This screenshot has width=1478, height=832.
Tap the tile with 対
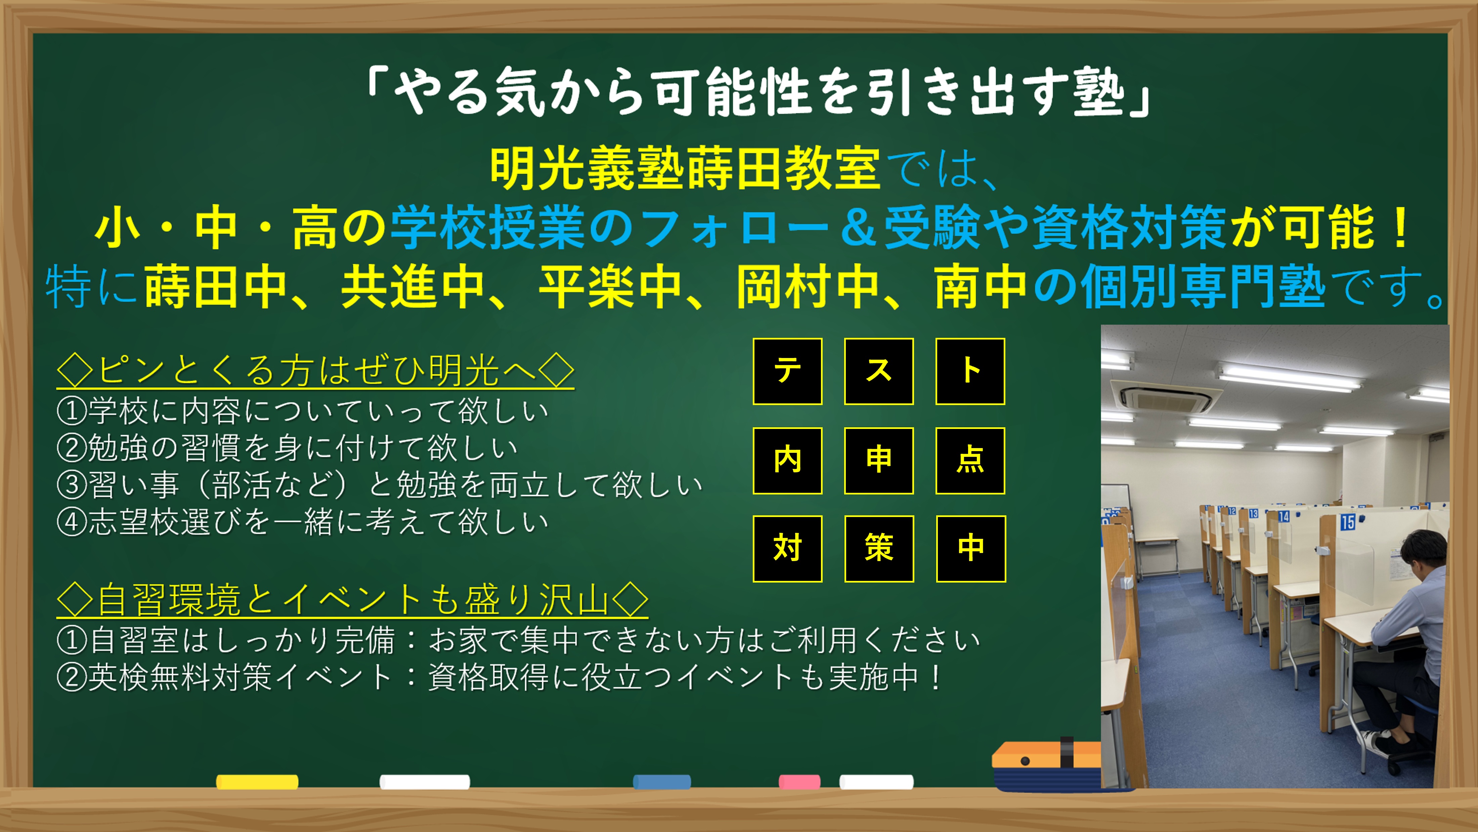click(787, 548)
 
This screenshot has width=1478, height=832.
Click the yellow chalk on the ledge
click(257, 782)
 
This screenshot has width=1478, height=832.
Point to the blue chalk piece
click(661, 782)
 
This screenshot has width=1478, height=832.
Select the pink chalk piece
click(799, 782)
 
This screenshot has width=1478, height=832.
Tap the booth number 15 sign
click(1347, 521)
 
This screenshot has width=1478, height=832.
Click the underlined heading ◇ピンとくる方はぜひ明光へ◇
click(315, 370)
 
